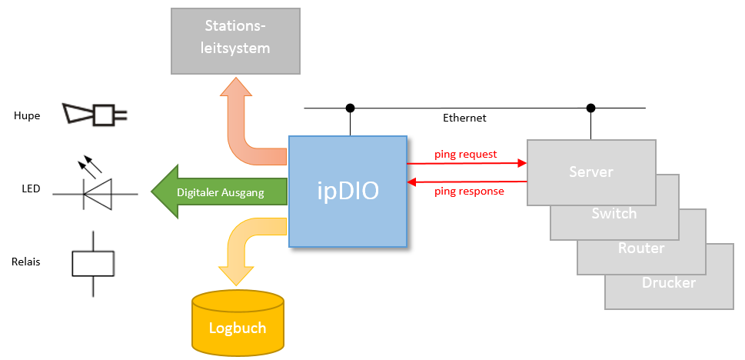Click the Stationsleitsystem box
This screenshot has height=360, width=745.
coord(235,41)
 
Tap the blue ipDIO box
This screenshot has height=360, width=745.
coord(348,192)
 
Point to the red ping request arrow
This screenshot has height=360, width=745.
coord(467,163)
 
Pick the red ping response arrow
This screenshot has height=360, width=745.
coord(467,182)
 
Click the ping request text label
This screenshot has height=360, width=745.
coord(466,154)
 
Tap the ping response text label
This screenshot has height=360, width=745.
coord(470,192)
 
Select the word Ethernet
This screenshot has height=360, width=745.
coord(464,118)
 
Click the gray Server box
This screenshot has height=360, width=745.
coord(591,172)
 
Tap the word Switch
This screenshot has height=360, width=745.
coord(614,214)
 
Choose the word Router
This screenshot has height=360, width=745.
coord(641,248)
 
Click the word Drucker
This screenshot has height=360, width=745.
coord(669,282)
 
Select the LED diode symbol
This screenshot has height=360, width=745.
coord(95,186)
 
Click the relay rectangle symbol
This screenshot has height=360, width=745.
coord(93,263)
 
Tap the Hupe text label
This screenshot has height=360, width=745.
coord(27,116)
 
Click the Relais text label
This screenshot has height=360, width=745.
coord(26,262)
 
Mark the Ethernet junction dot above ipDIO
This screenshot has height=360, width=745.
coord(350,108)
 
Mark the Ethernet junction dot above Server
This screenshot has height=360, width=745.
coord(590,108)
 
